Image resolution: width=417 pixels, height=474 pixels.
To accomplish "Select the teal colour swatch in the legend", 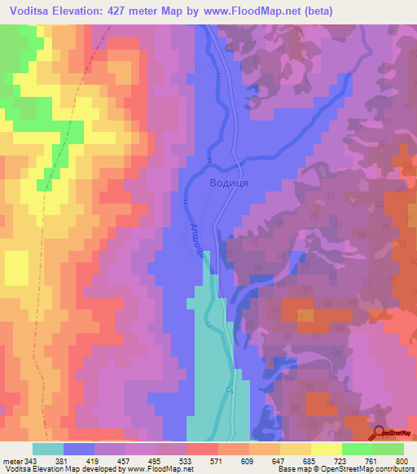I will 48,449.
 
